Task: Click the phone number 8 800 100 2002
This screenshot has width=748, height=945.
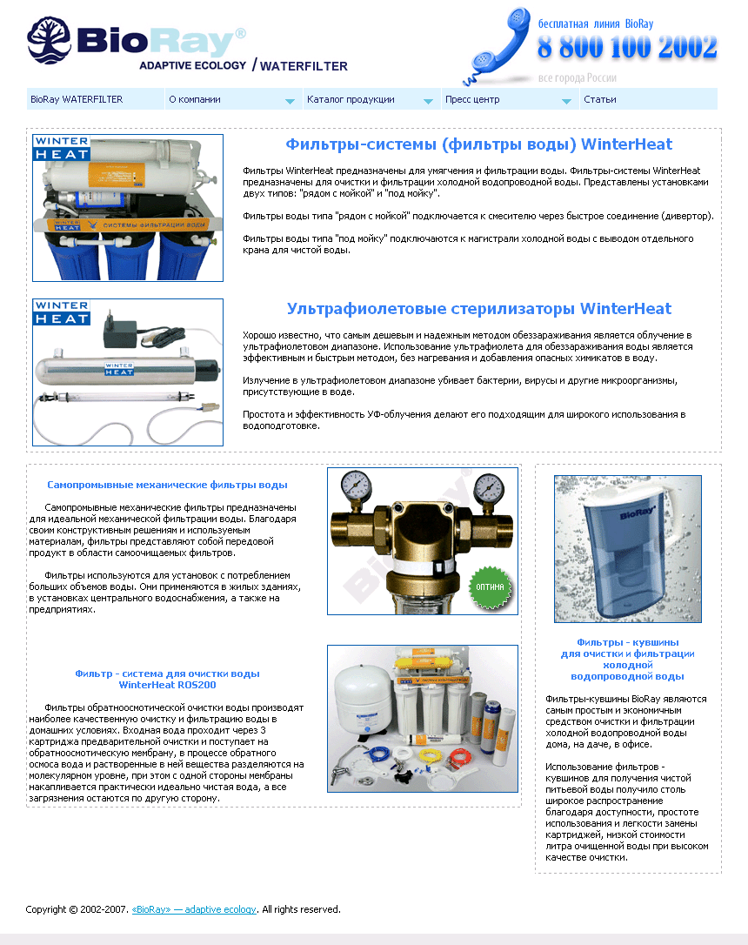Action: click(x=627, y=48)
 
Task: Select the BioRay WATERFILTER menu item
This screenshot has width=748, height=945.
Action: click(x=77, y=99)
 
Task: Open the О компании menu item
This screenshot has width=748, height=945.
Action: click(x=195, y=99)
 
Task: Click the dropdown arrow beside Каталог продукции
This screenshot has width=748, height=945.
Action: click(x=428, y=101)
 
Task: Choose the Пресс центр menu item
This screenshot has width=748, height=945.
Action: click(x=472, y=99)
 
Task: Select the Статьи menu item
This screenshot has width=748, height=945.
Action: click(x=600, y=99)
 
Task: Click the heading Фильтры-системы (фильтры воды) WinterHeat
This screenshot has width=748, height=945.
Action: click(x=478, y=144)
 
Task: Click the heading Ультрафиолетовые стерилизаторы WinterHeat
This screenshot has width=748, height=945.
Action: click(x=478, y=309)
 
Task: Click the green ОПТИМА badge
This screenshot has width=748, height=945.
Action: click(x=490, y=586)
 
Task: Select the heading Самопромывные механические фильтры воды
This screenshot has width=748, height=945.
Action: click(x=167, y=485)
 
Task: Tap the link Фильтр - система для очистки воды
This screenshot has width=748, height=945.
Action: click(x=167, y=674)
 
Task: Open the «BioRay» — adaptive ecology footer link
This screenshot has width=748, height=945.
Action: click(x=194, y=909)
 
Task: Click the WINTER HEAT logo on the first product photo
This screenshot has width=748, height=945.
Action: click(x=62, y=148)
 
